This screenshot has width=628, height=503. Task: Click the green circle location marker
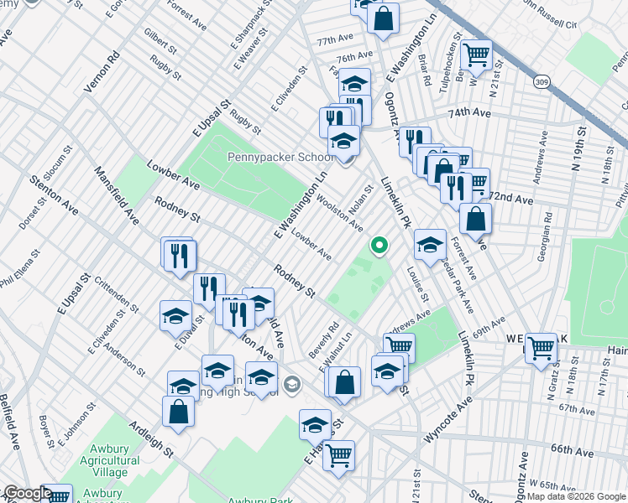379,246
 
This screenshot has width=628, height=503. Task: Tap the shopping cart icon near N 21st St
477,55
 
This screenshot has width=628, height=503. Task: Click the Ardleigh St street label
151,438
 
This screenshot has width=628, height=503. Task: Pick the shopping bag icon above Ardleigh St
178,411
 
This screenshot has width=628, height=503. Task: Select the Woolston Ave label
339,213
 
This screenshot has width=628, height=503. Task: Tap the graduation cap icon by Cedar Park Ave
430,244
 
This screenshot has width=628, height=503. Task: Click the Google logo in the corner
27,493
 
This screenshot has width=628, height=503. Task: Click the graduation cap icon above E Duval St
175,315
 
